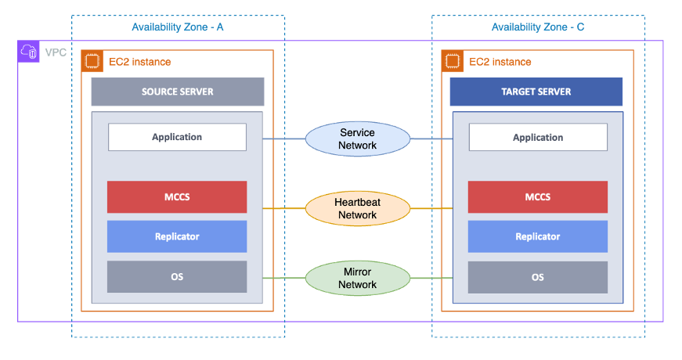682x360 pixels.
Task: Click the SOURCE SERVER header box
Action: click(177, 92)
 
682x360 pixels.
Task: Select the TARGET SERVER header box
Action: click(536, 92)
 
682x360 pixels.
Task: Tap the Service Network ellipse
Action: click(357, 139)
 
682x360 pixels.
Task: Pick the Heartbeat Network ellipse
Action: click(357, 208)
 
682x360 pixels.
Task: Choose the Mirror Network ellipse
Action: click(357, 278)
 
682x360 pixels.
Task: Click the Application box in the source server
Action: click(177, 137)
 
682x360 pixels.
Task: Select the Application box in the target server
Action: click(537, 137)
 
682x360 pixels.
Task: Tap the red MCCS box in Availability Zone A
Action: click(177, 197)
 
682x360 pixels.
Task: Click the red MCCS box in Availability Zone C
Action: click(537, 197)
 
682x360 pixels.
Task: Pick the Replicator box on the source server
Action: click(177, 236)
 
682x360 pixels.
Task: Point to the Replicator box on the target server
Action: click(537, 236)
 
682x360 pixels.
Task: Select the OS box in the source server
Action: click(177, 277)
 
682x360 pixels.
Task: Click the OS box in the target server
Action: click(537, 277)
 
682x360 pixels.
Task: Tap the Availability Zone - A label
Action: click(178, 27)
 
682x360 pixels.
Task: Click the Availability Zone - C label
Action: click(538, 27)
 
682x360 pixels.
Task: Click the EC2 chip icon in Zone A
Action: click(92, 61)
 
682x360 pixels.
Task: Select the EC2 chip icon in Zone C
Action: click(452, 61)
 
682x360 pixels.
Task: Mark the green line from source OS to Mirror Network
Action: click(283, 278)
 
